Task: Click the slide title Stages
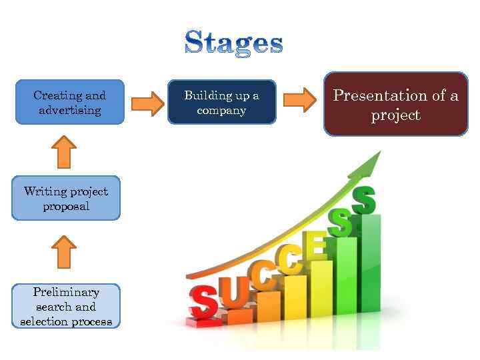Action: [x=233, y=42]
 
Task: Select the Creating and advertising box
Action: [x=69, y=103]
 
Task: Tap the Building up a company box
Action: [x=221, y=103]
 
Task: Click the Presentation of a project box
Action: [x=395, y=105]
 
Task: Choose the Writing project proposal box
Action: [x=65, y=198]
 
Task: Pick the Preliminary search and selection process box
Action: [x=66, y=307]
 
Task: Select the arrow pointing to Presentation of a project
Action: [x=300, y=100]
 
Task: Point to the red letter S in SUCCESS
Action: [x=203, y=303]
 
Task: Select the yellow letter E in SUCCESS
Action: [x=315, y=246]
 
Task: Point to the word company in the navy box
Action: [x=221, y=111]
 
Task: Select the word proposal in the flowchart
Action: [x=65, y=207]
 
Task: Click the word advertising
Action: [x=69, y=111]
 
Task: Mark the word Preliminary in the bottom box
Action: [x=66, y=292]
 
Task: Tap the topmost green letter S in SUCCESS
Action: [x=364, y=199]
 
